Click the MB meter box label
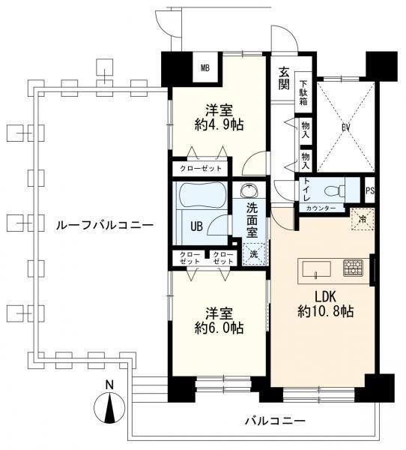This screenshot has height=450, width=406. [x=205, y=68]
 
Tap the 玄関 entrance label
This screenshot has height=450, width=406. [x=284, y=78]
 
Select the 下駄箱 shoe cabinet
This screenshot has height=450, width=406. [x=303, y=92]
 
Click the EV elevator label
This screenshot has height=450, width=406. [x=346, y=127]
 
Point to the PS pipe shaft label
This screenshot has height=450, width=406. [x=370, y=190]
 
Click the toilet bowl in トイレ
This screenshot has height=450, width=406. [x=335, y=190]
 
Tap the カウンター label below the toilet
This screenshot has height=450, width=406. [x=321, y=208]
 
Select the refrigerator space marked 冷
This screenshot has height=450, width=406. [x=363, y=219]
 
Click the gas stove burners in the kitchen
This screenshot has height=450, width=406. [x=354, y=268]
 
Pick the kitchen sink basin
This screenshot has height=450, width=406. [x=317, y=269]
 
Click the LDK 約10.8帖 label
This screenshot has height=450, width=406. [x=325, y=304]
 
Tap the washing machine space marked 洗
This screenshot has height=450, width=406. [x=254, y=254]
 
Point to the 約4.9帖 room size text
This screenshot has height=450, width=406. [x=219, y=124]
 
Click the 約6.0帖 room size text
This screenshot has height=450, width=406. [x=219, y=328]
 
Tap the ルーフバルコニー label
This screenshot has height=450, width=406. [x=105, y=225]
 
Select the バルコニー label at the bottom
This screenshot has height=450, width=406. [x=275, y=421]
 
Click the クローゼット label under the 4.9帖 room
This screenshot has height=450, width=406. [x=201, y=169]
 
